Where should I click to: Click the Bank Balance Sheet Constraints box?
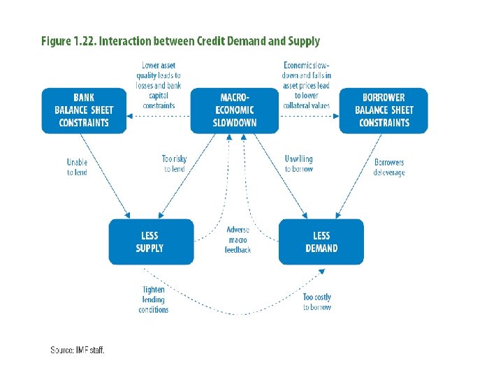84,110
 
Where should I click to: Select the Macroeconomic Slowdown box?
235,110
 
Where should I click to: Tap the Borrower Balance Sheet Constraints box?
384,110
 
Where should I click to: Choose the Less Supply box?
150,242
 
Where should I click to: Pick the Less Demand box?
321,242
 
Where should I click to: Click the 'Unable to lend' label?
77,168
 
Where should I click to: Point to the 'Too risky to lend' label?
174,164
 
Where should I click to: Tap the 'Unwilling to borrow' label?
299,164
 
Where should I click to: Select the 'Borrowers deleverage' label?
389,168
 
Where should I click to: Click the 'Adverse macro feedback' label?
238,240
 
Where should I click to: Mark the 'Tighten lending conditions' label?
154,300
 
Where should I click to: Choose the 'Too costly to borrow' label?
317,302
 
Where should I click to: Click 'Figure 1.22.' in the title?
68,42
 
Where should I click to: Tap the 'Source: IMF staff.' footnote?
78,350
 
